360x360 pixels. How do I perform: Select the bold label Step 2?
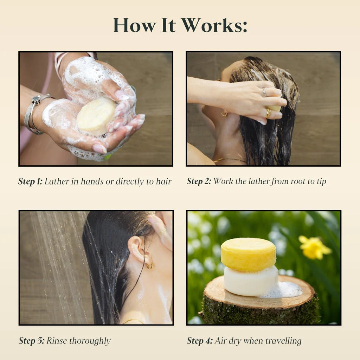199,181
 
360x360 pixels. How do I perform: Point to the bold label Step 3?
31,341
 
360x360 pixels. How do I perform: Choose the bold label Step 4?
199,341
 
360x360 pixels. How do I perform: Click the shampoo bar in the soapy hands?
96,115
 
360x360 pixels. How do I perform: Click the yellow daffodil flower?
314,247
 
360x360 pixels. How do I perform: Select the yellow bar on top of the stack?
248,254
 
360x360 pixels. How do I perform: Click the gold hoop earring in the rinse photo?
150,265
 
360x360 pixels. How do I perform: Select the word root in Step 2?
289,181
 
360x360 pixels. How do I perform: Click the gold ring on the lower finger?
268,113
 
